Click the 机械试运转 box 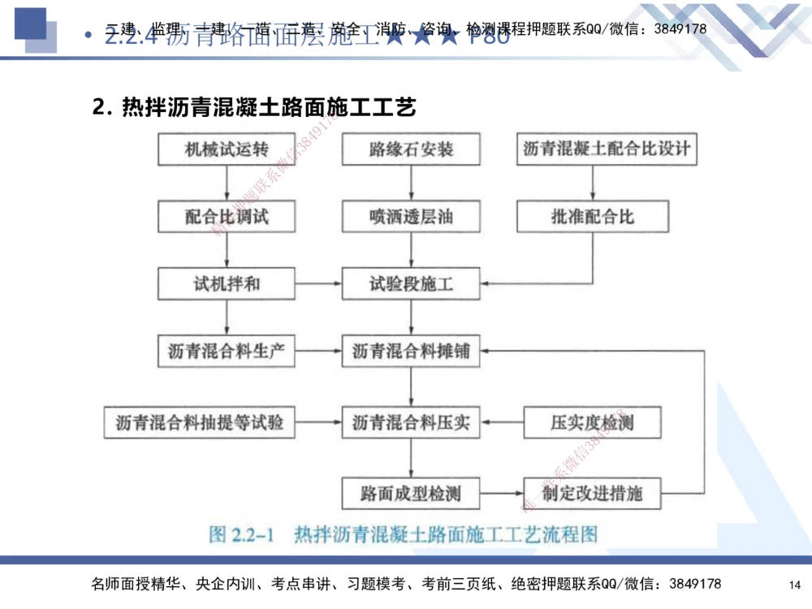(x=226, y=149)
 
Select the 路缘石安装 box (x=411, y=149)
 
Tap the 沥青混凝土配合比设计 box (x=607, y=149)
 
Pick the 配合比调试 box (x=226, y=217)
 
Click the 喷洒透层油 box (x=411, y=217)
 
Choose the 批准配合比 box (x=592, y=217)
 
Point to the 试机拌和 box (x=226, y=284)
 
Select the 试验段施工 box (x=411, y=284)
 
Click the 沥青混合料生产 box (x=226, y=352)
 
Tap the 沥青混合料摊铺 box (x=411, y=352)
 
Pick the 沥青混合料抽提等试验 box (x=199, y=422)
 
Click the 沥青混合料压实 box (x=411, y=422)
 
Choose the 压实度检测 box (x=592, y=422)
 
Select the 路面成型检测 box (x=411, y=492)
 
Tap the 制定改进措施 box (x=592, y=492)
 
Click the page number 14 (x=794, y=585)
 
